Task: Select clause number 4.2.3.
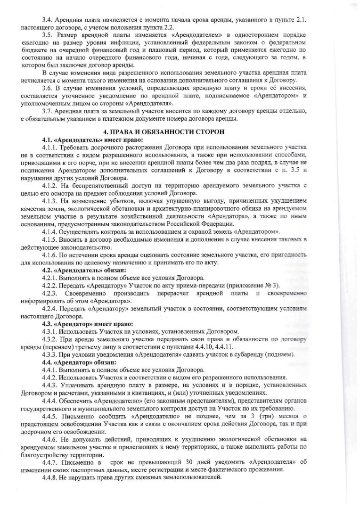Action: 50,294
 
